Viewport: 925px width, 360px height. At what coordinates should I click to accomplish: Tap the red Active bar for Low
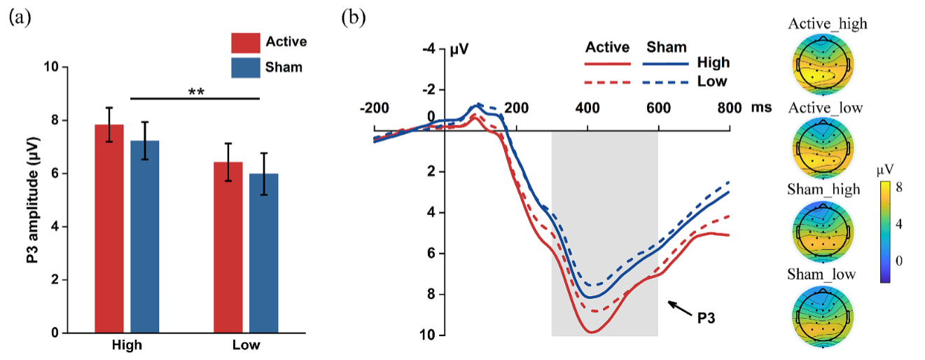coord(228,248)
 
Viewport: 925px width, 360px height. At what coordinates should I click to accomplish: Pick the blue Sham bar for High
coord(145,237)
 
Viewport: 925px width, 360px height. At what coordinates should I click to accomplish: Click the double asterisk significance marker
coord(196,92)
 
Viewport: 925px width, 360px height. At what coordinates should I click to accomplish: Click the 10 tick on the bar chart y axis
coord(51,67)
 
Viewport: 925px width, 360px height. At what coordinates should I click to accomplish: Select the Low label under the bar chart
coord(246,345)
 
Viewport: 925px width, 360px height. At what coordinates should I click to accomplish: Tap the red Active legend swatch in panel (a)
coord(246,42)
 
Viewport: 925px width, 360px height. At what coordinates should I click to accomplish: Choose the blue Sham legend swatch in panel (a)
coord(246,68)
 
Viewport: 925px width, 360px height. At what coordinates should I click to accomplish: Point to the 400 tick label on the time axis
coord(587,108)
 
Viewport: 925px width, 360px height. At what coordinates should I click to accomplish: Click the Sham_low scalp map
coord(826,317)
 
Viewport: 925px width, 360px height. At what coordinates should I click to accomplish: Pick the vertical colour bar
coord(886,231)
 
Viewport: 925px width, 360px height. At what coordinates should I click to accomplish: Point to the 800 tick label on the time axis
coord(728,108)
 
